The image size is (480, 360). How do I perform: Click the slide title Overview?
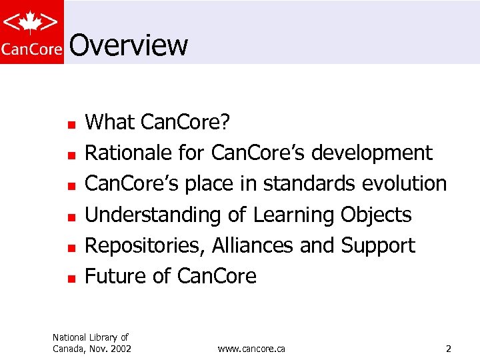click(x=128, y=45)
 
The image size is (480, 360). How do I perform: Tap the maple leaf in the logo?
click(x=31, y=23)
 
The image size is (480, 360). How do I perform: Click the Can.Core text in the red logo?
click(x=31, y=49)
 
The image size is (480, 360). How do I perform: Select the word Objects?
click(x=376, y=215)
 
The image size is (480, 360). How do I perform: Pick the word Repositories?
click(x=145, y=245)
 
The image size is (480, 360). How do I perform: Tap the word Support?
click(x=378, y=245)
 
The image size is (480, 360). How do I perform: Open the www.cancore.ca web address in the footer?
click(x=251, y=349)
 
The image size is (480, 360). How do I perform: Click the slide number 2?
click(x=449, y=349)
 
